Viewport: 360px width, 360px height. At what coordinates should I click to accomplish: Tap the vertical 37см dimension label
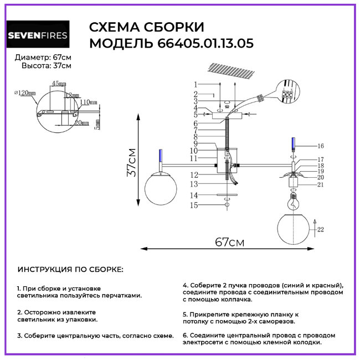click(x=132, y=162)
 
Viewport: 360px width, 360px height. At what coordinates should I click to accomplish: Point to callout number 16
click(x=320, y=146)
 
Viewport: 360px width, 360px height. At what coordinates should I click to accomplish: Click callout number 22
click(x=320, y=229)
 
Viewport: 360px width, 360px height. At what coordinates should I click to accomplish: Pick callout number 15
click(x=194, y=205)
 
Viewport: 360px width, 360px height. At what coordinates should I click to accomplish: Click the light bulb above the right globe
click(x=292, y=202)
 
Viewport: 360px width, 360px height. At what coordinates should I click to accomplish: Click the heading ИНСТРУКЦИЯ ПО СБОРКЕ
click(x=71, y=269)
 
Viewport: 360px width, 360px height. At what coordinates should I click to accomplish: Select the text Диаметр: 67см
click(x=43, y=58)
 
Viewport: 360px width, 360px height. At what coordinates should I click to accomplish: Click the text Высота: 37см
click(x=47, y=66)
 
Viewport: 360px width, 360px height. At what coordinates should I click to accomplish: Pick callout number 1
click(x=196, y=84)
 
